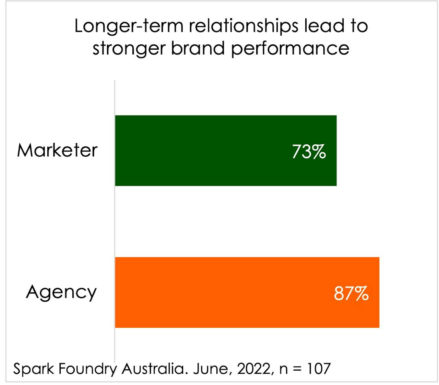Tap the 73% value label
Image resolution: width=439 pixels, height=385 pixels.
tap(309, 152)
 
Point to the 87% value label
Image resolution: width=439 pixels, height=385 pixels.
tap(351, 293)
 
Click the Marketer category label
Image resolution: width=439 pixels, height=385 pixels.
tap(57, 150)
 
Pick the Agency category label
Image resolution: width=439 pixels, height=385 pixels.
tap(61, 293)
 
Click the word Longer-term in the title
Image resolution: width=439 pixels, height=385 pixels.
tap(129, 26)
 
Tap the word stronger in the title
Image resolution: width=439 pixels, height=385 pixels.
tap(129, 48)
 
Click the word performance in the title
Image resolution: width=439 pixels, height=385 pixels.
tap(290, 48)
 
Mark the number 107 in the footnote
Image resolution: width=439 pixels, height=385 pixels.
tap(319, 369)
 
